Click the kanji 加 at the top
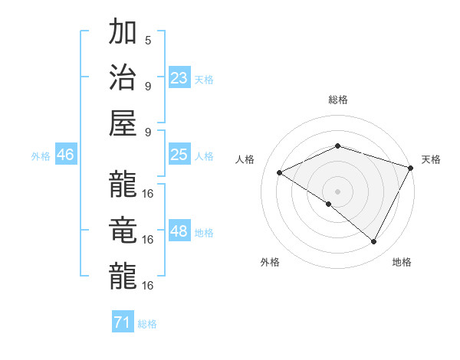pyautogui.click(x=123, y=34)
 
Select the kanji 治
pyautogui.click(x=123, y=80)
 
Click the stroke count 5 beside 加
pyautogui.click(x=147, y=40)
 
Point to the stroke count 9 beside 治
pyautogui.click(x=147, y=86)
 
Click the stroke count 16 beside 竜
pyautogui.click(x=148, y=239)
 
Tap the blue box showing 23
pyautogui.click(x=179, y=78)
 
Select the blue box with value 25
pyautogui.click(x=179, y=155)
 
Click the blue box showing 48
pyautogui.click(x=179, y=231)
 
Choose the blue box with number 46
pyautogui.click(x=66, y=155)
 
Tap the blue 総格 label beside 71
pyautogui.click(x=147, y=324)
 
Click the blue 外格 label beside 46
pyautogui.click(x=41, y=156)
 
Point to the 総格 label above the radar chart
pyautogui.click(x=337, y=100)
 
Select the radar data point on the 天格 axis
pyautogui.click(x=412, y=168)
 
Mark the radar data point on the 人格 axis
pyautogui.click(x=280, y=173)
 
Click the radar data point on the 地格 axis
pyautogui.click(x=374, y=242)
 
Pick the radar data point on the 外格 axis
pyautogui.click(x=329, y=204)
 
